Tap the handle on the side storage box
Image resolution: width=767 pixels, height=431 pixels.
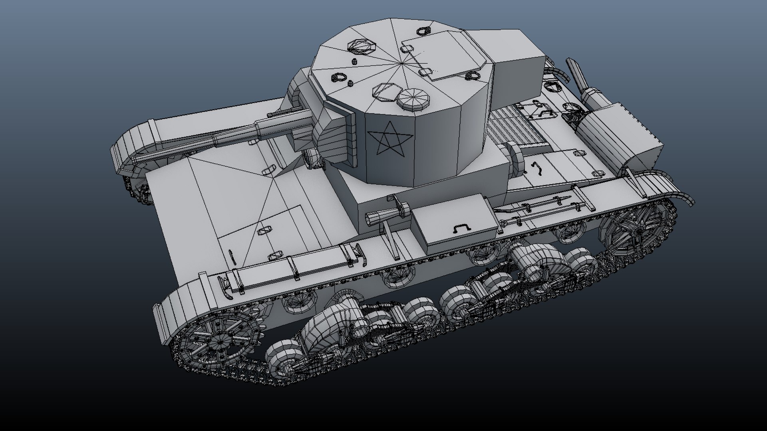click(x=462, y=228)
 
